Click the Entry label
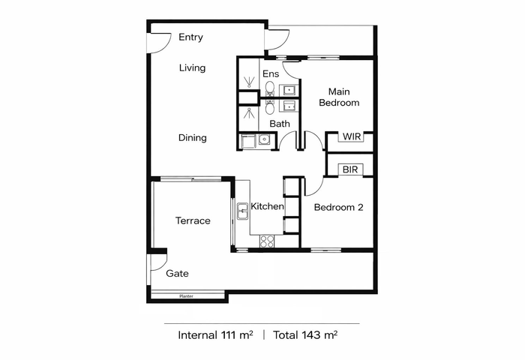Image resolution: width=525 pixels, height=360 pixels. point(190,37)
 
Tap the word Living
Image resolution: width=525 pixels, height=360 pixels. point(192,68)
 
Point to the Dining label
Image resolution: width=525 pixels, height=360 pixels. point(193,138)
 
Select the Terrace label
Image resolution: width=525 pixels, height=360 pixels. point(193,220)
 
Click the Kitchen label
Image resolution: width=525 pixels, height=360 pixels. point(267,206)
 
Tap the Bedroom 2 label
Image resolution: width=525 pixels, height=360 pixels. point(338,207)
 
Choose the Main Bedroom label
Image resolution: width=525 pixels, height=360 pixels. point(339,97)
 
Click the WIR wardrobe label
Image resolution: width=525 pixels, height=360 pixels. point(352,136)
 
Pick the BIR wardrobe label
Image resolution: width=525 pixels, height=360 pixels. point(350,169)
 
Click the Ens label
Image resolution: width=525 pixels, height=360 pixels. point(271,73)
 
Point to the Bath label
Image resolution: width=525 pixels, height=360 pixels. point(280,124)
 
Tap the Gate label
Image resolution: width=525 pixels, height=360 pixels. point(177,274)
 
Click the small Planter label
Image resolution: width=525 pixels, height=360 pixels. point(186,296)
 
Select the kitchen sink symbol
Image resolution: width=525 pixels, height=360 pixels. point(242,211)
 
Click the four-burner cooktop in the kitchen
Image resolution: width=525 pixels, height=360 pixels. point(267,241)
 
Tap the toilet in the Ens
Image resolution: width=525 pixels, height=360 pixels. point(269,88)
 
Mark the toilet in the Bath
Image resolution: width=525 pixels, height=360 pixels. point(269,106)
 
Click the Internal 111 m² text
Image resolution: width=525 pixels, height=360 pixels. point(215,335)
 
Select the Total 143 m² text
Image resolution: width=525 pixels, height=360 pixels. point(305,335)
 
